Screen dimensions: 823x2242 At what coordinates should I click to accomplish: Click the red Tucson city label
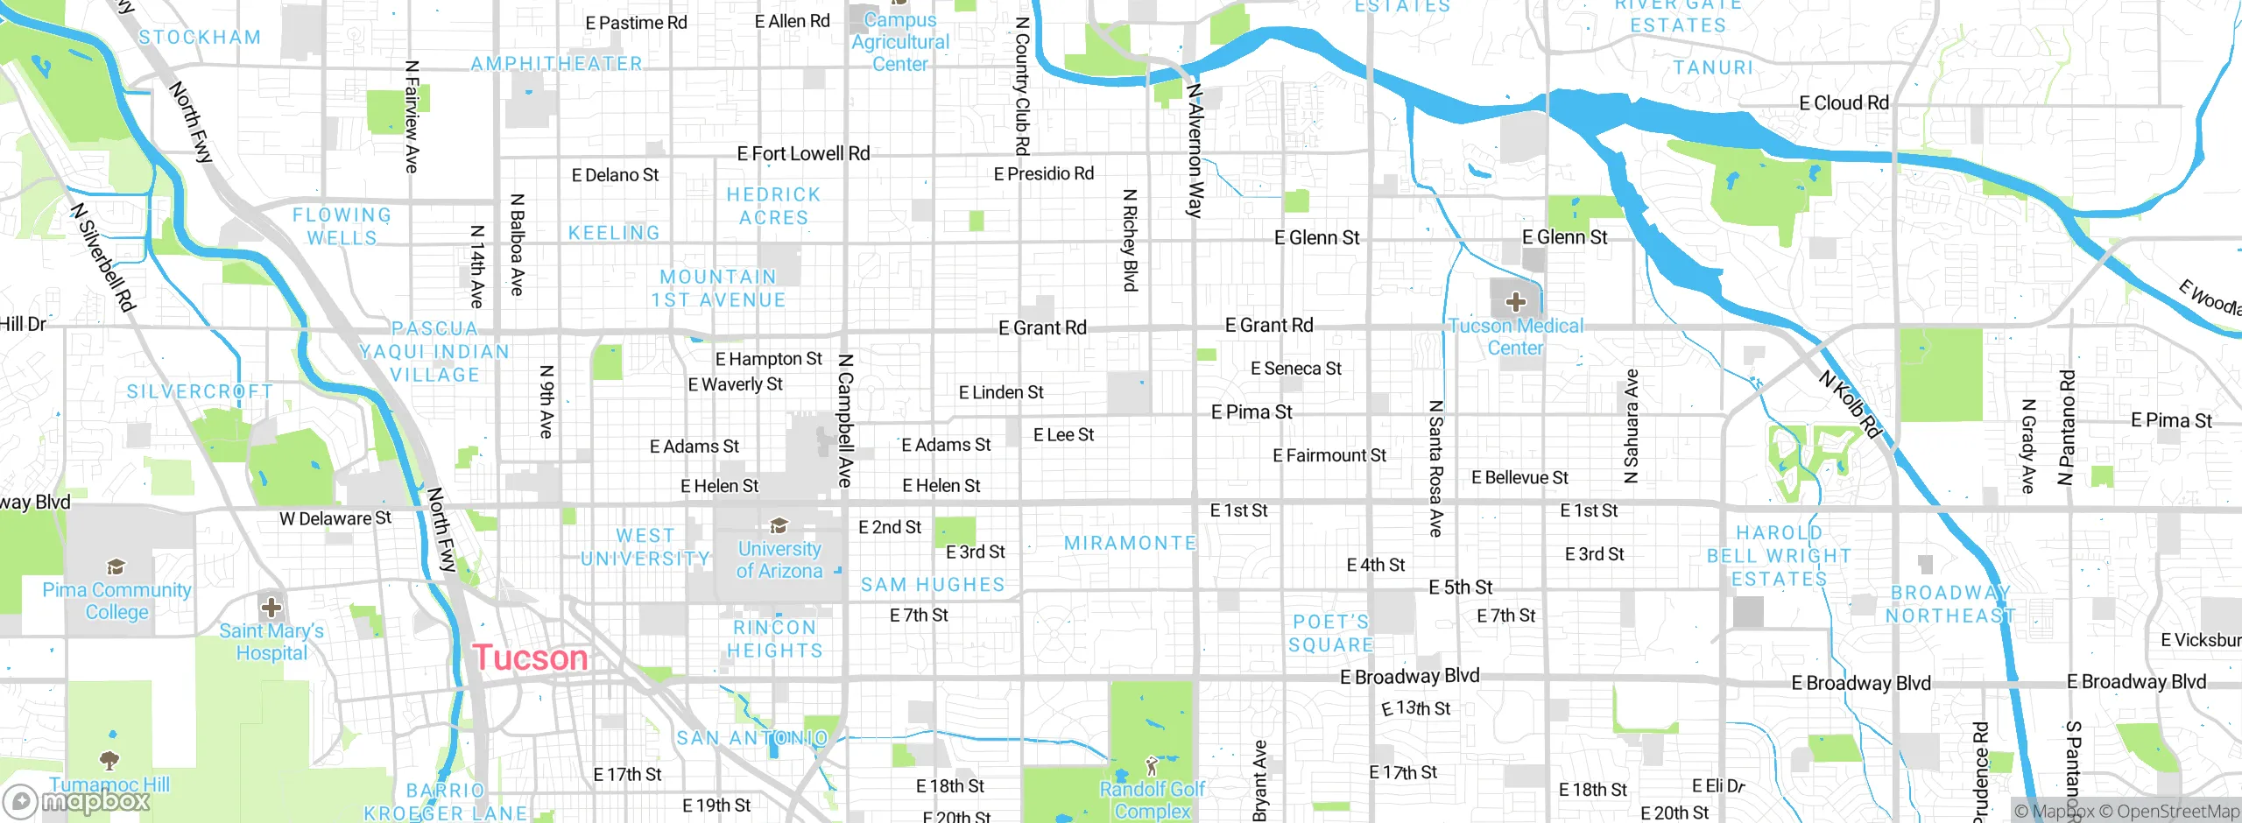tap(530, 658)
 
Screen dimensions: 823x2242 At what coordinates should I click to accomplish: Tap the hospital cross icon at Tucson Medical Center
tap(1515, 302)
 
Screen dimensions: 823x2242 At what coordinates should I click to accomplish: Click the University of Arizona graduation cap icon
tap(779, 525)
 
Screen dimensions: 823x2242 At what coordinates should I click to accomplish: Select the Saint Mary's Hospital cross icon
tap(271, 607)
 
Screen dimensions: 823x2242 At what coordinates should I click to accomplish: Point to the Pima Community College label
tap(116, 601)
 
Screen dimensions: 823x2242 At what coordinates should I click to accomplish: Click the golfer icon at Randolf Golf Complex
tap(1152, 766)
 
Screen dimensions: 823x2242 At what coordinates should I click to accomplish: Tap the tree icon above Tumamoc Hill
tap(109, 758)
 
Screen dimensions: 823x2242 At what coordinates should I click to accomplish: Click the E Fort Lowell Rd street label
tap(803, 154)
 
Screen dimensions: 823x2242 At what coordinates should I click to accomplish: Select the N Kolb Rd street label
tap(1851, 404)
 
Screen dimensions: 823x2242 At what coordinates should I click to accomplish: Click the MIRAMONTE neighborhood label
tap(1130, 543)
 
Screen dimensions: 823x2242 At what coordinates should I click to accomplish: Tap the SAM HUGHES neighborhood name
tap(933, 584)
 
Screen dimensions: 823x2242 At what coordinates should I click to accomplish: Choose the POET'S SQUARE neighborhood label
tap(1331, 633)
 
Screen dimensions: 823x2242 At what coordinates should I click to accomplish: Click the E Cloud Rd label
tap(1844, 103)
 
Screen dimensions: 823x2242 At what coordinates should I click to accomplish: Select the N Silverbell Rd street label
tap(103, 257)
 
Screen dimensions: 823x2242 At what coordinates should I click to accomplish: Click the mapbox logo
tap(77, 800)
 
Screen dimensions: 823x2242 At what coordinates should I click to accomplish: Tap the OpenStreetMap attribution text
tap(2176, 812)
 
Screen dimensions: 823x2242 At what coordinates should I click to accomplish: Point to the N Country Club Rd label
tap(1021, 86)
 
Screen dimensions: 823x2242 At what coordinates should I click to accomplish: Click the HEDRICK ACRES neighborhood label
tap(774, 206)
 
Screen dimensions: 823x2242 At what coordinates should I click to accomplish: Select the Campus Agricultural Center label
tap(899, 42)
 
